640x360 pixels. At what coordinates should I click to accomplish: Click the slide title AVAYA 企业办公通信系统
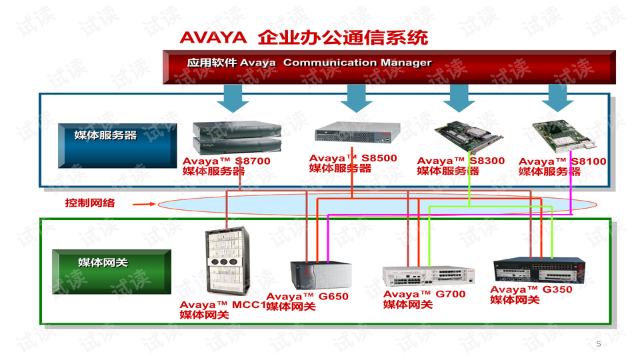point(303,37)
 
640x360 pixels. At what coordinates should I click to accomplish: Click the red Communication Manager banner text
point(309,63)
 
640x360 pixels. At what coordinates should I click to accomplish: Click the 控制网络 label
point(89,203)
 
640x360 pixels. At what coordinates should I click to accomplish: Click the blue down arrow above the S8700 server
point(233,99)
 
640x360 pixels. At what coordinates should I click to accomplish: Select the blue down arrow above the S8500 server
point(356,99)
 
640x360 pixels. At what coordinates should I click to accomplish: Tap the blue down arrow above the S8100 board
point(557,99)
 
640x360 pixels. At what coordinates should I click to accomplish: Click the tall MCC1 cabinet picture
point(227,263)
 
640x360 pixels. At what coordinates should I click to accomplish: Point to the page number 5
point(598,344)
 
